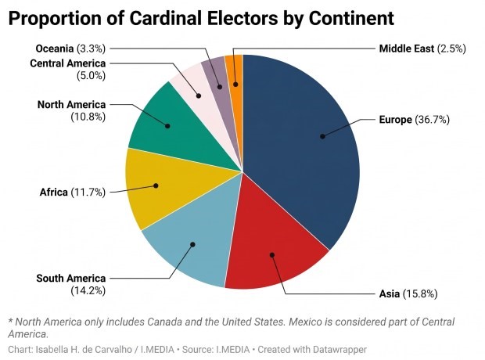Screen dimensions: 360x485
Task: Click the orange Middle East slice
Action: tap(234, 70)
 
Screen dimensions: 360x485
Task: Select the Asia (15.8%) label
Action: tap(408, 294)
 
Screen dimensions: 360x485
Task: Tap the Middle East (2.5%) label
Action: tap(422, 49)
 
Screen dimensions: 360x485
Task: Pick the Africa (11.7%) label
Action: tap(72, 192)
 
